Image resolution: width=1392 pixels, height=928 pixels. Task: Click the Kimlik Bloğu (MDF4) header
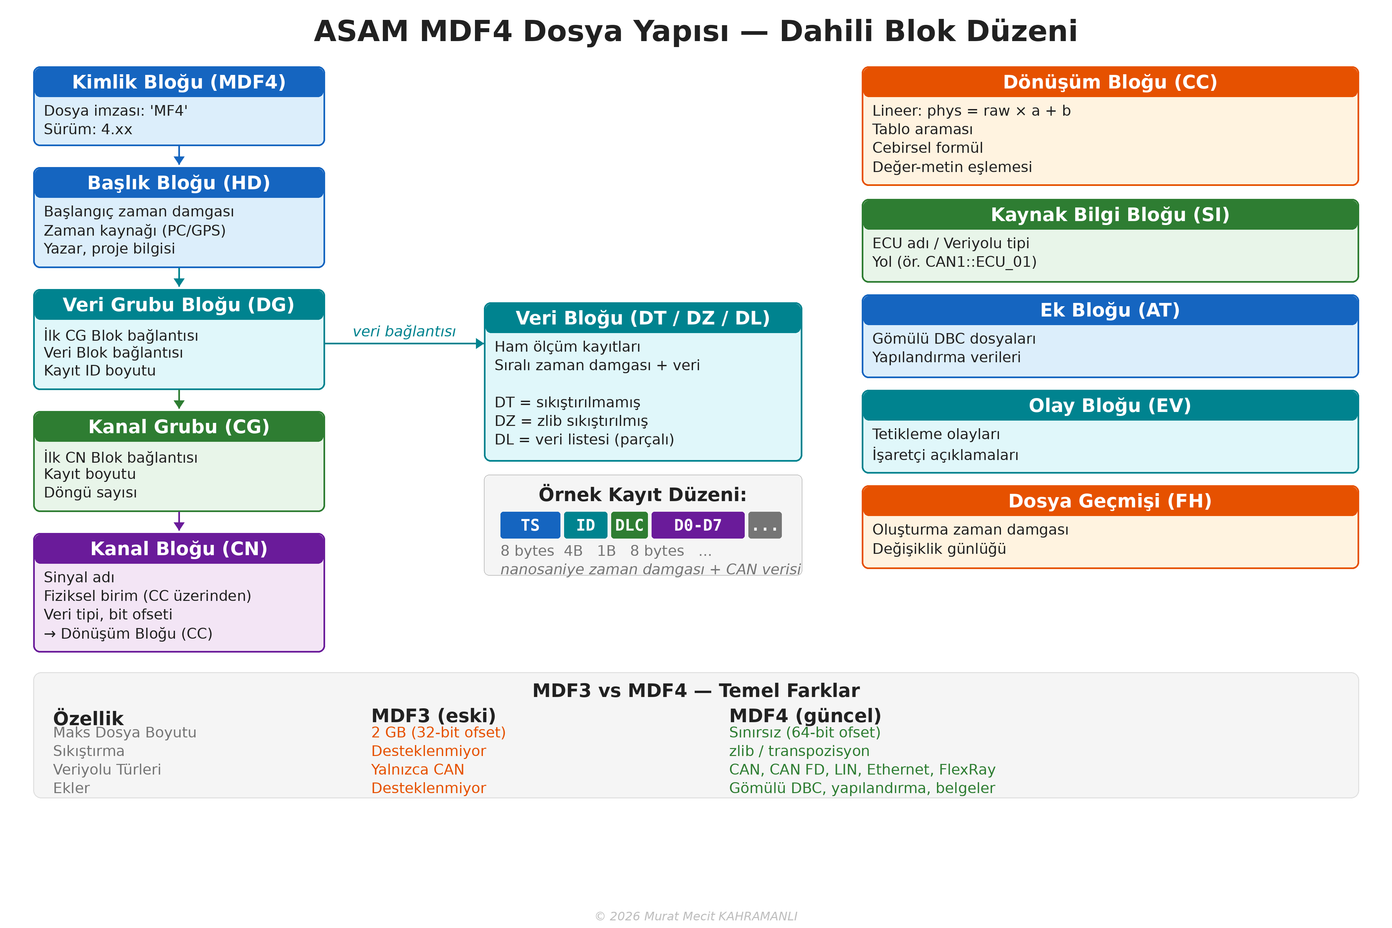(179, 82)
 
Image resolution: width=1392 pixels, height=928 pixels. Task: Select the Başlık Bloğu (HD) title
(179, 183)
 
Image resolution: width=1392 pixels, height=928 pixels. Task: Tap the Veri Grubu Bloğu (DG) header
(179, 305)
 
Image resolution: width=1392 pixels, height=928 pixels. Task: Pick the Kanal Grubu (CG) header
(179, 427)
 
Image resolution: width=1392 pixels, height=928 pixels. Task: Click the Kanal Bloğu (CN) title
(179, 549)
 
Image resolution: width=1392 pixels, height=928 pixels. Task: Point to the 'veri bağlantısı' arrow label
(404, 331)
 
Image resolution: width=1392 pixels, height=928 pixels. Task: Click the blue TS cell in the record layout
(530, 525)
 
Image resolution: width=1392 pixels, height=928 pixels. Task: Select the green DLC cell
(629, 525)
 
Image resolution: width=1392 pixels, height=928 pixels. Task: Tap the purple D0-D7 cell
(698, 525)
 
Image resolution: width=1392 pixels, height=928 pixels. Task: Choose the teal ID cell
(585, 525)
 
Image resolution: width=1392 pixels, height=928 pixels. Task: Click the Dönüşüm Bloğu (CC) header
(1110, 82)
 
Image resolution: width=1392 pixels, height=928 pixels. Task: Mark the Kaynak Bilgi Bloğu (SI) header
(1110, 215)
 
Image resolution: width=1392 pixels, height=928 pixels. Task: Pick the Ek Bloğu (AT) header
(1110, 310)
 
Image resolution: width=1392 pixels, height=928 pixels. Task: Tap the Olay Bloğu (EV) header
(1110, 405)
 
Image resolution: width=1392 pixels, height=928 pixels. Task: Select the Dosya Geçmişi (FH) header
(1110, 501)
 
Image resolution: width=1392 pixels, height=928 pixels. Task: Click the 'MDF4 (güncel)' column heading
(805, 716)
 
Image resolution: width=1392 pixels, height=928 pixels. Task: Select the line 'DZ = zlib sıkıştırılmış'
(571, 421)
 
